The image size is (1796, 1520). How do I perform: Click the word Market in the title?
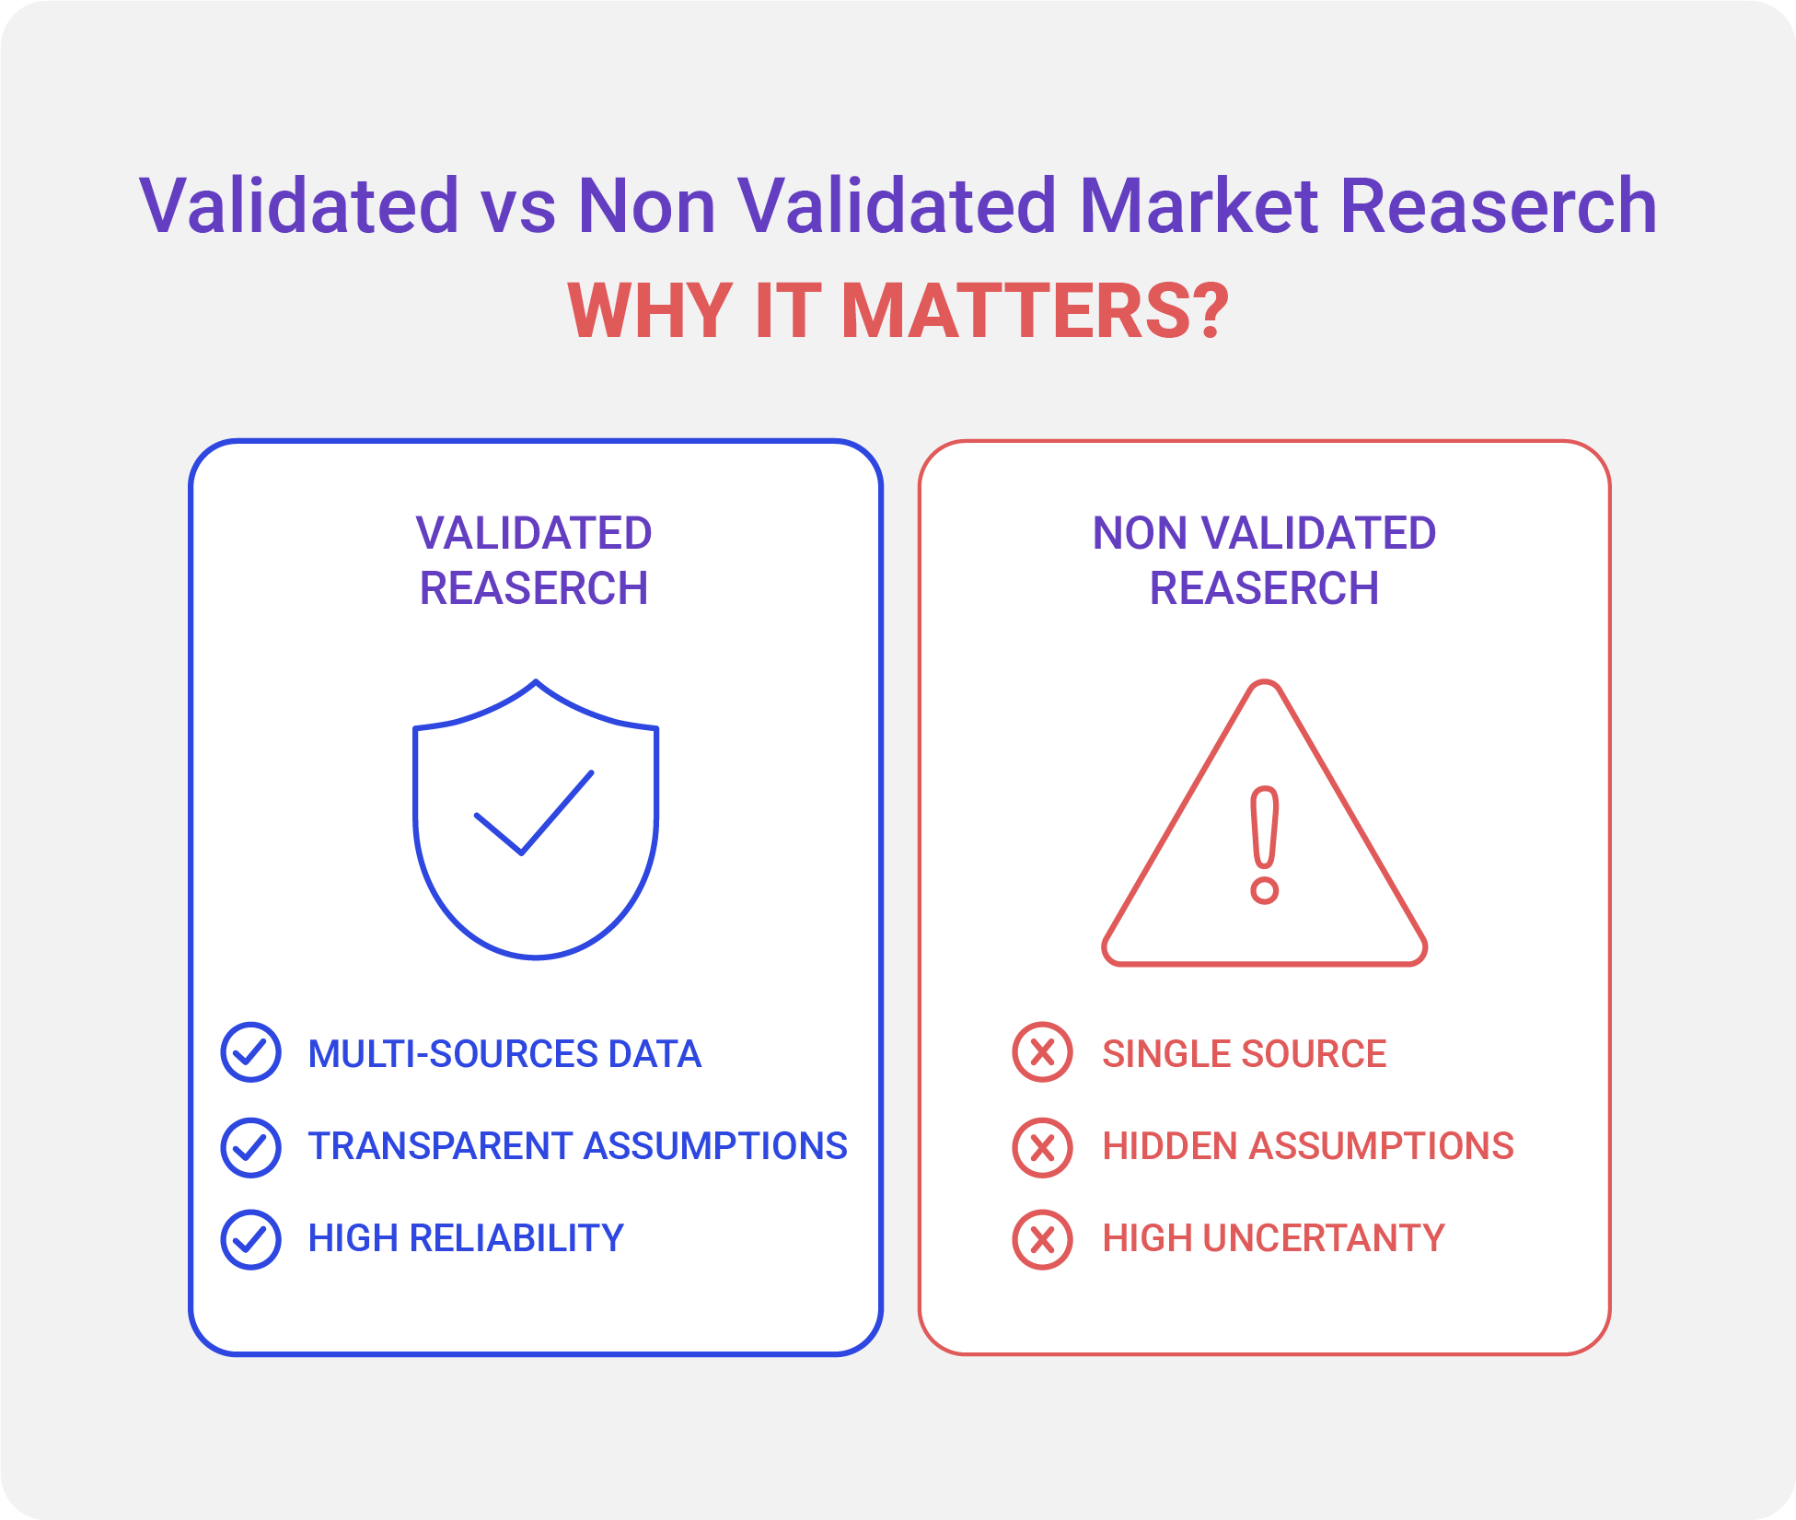coord(1199,205)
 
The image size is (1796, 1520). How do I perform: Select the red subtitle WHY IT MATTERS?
coord(898,311)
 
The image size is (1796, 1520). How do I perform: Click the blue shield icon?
coord(536,819)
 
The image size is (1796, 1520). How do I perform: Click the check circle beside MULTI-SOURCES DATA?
coord(250,1052)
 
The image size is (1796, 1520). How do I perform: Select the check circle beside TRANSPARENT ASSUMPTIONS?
coord(250,1147)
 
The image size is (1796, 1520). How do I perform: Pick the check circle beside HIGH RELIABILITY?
coord(250,1239)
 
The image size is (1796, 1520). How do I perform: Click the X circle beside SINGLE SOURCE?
coord(1042,1052)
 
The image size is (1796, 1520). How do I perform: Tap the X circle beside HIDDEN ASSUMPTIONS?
coord(1042,1147)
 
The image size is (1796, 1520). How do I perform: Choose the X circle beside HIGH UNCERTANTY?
coord(1042,1239)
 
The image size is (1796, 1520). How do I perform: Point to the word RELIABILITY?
coord(516,1238)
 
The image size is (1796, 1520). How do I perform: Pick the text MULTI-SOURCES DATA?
coord(504,1054)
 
